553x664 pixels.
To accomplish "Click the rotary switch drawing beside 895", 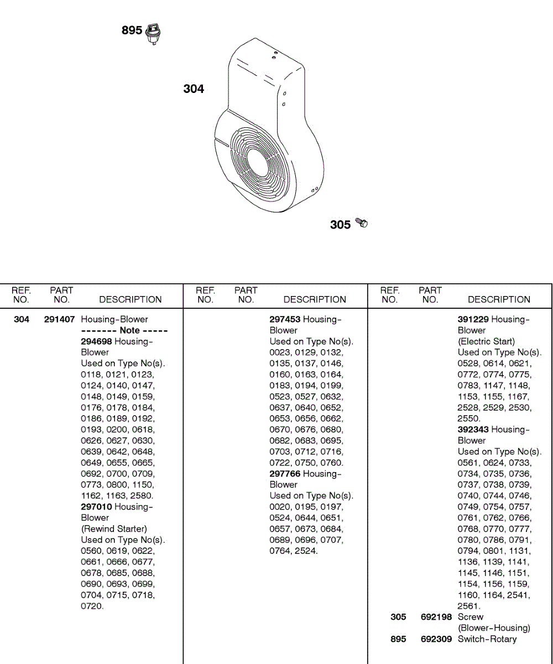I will tap(154, 34).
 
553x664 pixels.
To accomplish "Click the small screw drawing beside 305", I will tap(362, 223).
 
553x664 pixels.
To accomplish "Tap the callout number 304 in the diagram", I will tap(194, 89).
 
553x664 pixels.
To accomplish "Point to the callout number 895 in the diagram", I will tap(132, 30).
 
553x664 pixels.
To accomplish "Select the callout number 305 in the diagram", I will tap(340, 225).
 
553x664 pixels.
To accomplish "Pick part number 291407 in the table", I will tap(59, 319).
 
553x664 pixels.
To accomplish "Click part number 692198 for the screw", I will tap(436, 617).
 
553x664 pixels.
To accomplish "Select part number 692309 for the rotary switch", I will tap(436, 639).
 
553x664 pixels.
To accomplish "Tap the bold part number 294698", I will tap(96, 341).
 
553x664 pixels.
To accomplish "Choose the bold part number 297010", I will tap(96, 507).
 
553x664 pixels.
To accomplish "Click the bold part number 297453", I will tap(285, 319).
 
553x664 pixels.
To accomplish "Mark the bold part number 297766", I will tap(285, 474).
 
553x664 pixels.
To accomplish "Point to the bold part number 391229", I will tap(473, 319).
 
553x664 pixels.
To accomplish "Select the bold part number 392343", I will tap(473, 429).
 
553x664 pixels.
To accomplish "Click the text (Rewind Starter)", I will tap(114, 529).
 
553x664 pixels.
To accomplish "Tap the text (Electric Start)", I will tap(486, 341).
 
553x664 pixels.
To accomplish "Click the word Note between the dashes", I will tap(129, 330).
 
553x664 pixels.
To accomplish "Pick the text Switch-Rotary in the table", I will tap(487, 639).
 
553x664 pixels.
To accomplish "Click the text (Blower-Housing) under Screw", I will tap(494, 628).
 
